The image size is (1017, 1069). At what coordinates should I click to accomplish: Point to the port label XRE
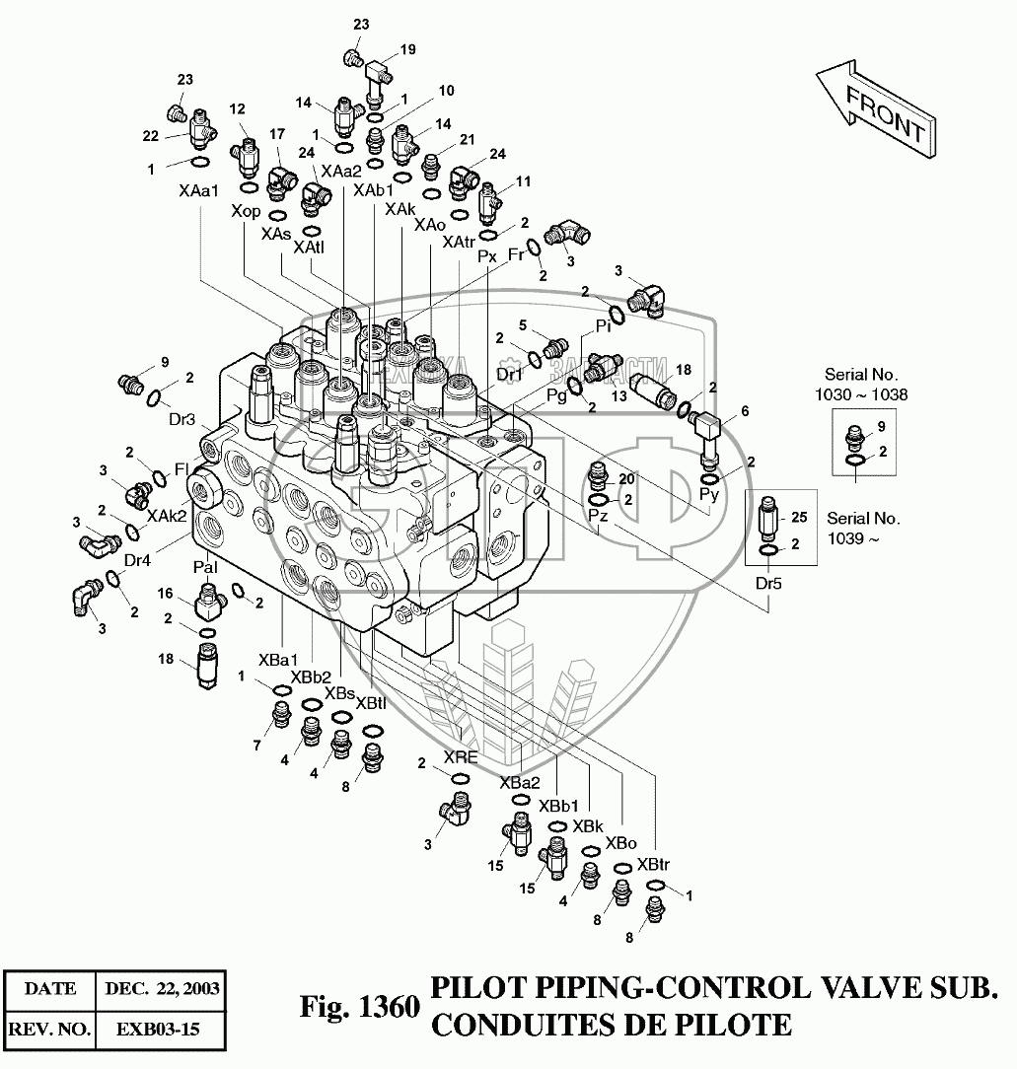461,757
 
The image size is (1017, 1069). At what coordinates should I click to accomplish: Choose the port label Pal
205,568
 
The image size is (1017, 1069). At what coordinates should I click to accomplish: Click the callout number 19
407,49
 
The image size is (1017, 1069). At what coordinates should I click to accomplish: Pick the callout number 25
799,517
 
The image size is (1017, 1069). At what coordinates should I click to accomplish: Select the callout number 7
257,746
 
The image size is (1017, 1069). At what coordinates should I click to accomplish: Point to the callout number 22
151,136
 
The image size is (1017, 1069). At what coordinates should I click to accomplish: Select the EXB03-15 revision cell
158,1031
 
